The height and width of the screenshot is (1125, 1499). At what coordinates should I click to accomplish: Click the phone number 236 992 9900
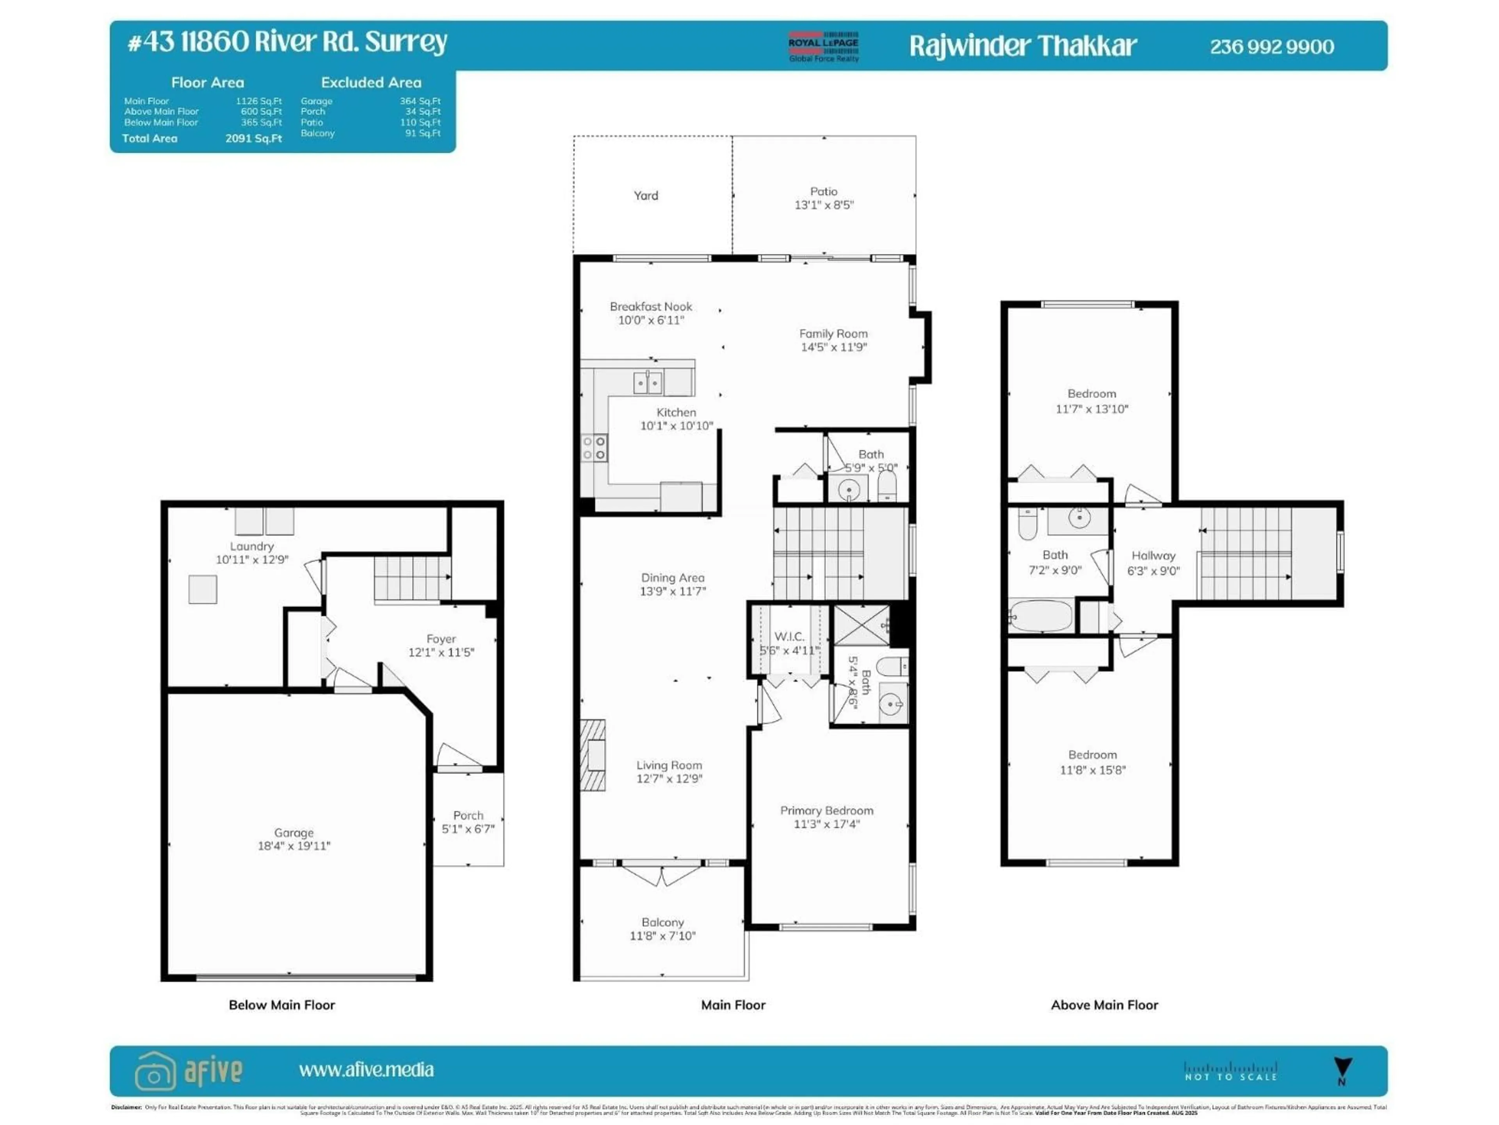pyautogui.click(x=1271, y=47)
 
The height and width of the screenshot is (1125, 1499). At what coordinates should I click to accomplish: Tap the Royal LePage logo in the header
pyautogui.click(x=823, y=46)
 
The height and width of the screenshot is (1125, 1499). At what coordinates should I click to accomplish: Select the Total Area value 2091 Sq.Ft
pyautogui.click(x=253, y=138)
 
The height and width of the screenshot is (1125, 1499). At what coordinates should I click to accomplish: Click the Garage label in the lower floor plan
pyautogui.click(x=294, y=832)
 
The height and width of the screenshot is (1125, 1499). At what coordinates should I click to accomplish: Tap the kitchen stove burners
pyautogui.click(x=594, y=448)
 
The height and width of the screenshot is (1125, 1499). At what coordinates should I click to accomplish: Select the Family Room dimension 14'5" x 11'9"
pyautogui.click(x=833, y=347)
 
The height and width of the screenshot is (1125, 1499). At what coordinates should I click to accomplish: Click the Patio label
pyautogui.click(x=823, y=191)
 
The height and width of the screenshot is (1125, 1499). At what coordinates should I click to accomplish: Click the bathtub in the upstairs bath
pyautogui.click(x=1041, y=616)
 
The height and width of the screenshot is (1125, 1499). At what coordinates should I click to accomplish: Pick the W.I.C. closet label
pyautogui.click(x=789, y=636)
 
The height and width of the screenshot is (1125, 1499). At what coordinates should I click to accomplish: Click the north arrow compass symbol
pyautogui.click(x=1342, y=1070)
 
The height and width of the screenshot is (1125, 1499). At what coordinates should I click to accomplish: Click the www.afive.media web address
pyautogui.click(x=366, y=1070)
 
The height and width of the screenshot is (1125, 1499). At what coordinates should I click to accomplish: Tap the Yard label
pyautogui.click(x=645, y=195)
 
